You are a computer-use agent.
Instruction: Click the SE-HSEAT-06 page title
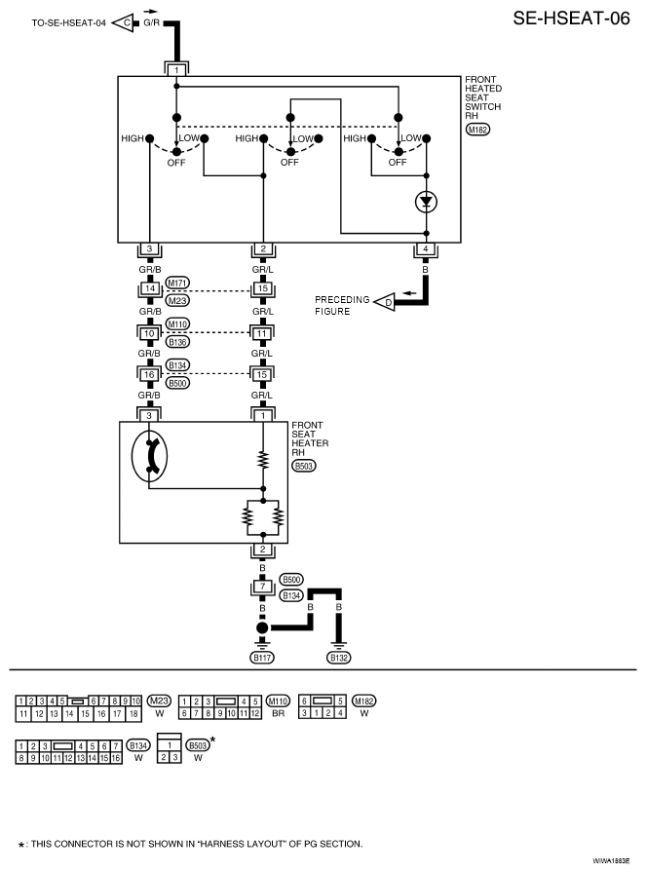(571, 18)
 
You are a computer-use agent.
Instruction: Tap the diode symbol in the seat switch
(427, 202)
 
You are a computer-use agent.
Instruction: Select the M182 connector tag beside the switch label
(477, 130)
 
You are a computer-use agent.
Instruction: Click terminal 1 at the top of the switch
(176, 70)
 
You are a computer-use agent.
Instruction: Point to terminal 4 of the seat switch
(426, 248)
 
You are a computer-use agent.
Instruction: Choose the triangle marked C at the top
(124, 22)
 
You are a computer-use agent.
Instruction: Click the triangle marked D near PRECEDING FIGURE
(384, 302)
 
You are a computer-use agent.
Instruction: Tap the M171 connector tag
(177, 283)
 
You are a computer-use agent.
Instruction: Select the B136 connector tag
(177, 342)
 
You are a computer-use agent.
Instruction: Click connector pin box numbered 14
(149, 289)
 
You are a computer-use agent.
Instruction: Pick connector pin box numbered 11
(262, 333)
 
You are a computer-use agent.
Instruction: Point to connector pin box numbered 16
(149, 375)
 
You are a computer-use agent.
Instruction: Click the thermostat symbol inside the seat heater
(149, 456)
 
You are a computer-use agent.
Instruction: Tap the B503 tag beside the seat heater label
(303, 466)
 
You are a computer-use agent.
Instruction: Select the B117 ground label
(262, 658)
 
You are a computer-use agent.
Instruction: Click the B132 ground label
(339, 658)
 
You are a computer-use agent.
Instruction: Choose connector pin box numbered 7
(263, 587)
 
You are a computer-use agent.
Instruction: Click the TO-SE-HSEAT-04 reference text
(68, 23)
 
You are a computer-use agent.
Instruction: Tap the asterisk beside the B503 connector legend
(212, 740)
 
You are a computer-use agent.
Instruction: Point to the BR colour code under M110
(279, 713)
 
